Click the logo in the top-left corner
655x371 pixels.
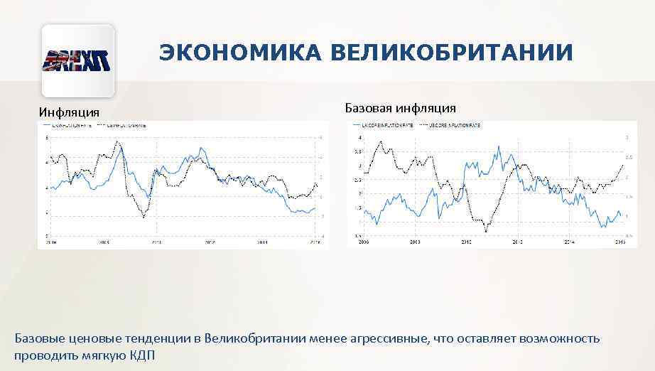click(x=78, y=61)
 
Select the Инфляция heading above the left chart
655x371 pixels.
click(x=69, y=112)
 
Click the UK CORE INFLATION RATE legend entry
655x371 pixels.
click(x=388, y=125)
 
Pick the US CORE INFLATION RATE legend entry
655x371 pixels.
click(x=455, y=125)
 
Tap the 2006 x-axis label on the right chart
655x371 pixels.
click(x=364, y=242)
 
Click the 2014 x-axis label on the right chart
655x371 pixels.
click(x=569, y=242)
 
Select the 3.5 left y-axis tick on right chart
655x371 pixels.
click(x=359, y=151)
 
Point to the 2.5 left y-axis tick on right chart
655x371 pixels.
click(x=359, y=180)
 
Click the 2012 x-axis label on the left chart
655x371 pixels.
click(x=210, y=242)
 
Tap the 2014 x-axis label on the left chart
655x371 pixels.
click(x=262, y=242)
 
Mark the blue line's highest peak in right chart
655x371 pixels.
click(x=499, y=146)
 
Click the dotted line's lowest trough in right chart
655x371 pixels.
click(x=486, y=231)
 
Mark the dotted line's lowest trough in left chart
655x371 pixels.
click(x=144, y=216)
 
